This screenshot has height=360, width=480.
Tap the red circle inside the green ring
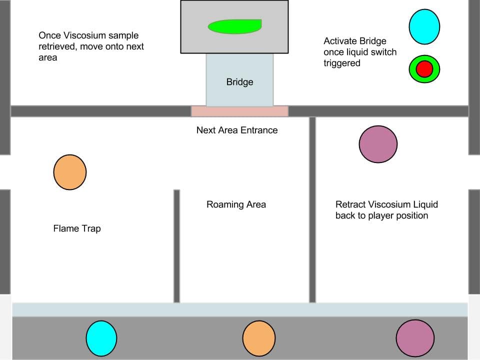coord(424,68)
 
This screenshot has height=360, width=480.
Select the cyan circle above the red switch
coord(424,27)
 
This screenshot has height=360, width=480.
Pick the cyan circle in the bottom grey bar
coord(101,338)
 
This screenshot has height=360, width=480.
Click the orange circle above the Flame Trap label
coord(70,172)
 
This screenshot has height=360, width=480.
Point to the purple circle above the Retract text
coord(378,144)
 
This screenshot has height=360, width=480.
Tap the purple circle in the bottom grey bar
coord(415,338)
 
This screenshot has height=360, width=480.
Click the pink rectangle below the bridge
coord(239,111)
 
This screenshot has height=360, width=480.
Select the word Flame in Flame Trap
coord(64,228)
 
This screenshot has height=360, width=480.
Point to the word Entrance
coord(258,130)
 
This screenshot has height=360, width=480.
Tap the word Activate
coord(340,41)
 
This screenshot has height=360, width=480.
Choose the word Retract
coord(350,204)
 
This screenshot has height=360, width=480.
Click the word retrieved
coord(55,46)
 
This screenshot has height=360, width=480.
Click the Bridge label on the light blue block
coord(239,82)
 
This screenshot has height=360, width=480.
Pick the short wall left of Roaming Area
coord(176,246)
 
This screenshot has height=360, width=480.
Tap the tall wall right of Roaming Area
coord(312,210)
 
